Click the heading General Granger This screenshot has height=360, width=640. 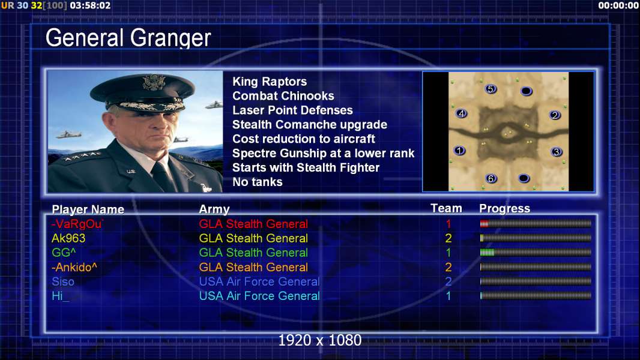[x=128, y=38]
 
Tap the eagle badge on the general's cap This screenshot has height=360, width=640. [x=154, y=83]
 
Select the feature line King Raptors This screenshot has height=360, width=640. [x=270, y=82]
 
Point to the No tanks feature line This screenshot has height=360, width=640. [x=257, y=182]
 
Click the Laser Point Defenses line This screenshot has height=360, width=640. [x=292, y=110]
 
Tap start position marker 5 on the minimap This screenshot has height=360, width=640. [x=491, y=89]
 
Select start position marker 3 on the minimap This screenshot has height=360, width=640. [x=556, y=152]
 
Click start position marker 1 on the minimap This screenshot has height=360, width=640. [x=460, y=151]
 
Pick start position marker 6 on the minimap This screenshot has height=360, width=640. [x=491, y=178]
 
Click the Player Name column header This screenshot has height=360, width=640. [x=88, y=209]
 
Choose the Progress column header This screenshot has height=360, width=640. [x=504, y=209]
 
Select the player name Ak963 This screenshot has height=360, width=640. [x=68, y=238]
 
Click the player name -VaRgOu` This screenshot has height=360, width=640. [x=77, y=224]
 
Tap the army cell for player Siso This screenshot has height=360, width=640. [x=259, y=282]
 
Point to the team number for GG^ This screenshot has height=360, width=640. [x=448, y=253]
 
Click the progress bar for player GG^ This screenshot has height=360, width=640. [x=536, y=253]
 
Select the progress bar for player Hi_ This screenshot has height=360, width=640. [x=536, y=296]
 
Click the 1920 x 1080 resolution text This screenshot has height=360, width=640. [x=320, y=340]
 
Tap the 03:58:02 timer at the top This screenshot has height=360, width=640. [x=90, y=5]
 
